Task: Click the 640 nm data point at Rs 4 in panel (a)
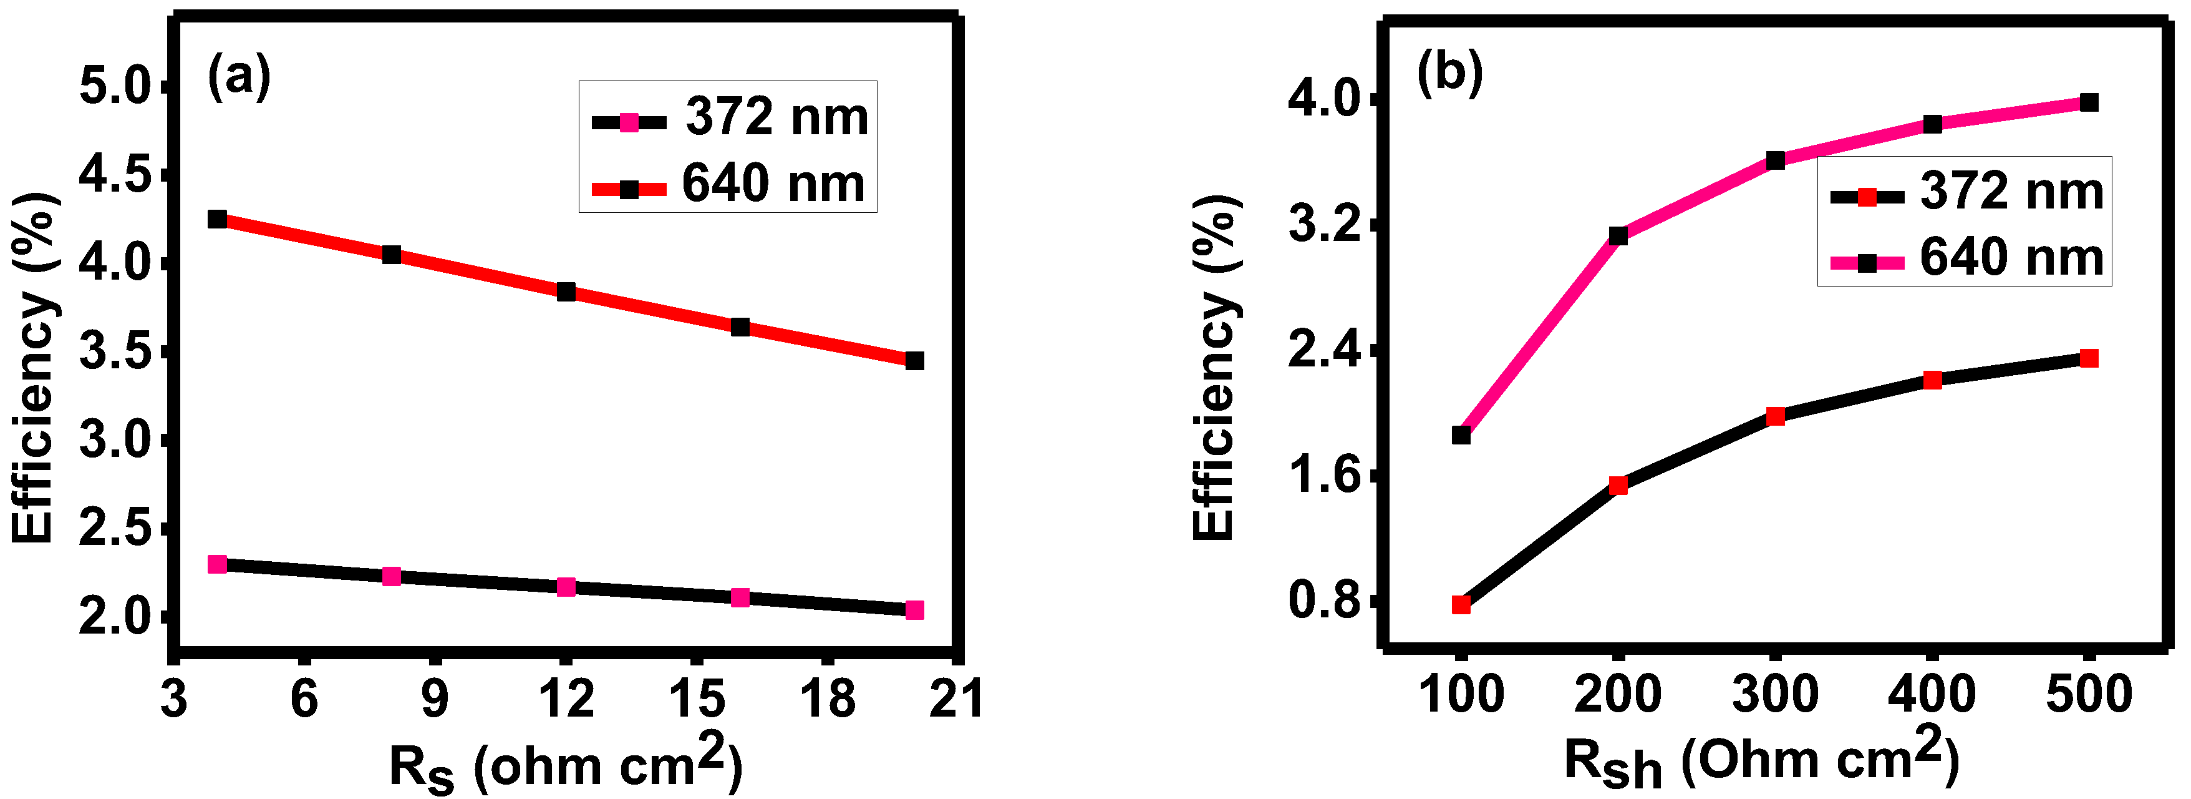pos(217,218)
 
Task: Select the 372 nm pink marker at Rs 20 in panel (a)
pos(914,610)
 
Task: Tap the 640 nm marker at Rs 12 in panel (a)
pos(566,292)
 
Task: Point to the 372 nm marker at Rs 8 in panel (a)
pos(391,576)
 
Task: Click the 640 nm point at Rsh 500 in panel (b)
pos(2088,103)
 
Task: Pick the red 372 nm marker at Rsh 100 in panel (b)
pos(1461,605)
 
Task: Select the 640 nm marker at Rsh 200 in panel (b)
pos(1618,236)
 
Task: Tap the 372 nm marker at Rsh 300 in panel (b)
pos(1775,416)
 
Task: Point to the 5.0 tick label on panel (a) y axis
pos(115,87)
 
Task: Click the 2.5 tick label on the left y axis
pos(115,529)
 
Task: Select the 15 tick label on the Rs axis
pos(697,700)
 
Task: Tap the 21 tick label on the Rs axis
pos(957,700)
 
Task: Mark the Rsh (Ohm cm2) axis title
pos(1761,760)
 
